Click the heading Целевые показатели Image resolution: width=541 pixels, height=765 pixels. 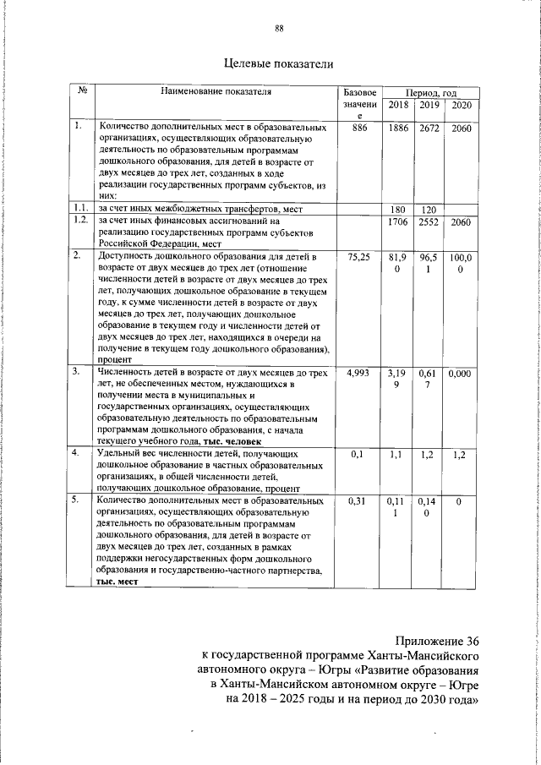point(278,63)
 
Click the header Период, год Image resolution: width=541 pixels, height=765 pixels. point(430,91)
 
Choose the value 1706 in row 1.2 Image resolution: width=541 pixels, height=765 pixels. point(398,221)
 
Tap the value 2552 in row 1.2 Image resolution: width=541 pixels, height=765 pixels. point(429,221)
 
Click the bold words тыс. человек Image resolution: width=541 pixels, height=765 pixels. point(236,441)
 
